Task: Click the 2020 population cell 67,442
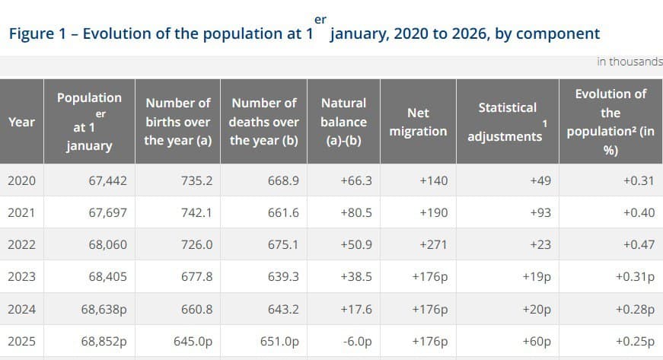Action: (x=107, y=180)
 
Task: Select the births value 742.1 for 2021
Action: (x=196, y=213)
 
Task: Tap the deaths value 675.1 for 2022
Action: (x=283, y=245)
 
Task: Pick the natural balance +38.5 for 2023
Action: (x=355, y=277)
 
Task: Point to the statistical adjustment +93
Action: (x=540, y=213)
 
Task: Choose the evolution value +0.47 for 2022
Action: (x=639, y=245)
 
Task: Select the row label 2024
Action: (x=21, y=310)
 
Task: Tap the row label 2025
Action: (x=21, y=342)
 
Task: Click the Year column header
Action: (x=21, y=121)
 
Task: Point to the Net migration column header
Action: (x=418, y=122)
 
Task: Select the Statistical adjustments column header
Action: (x=507, y=122)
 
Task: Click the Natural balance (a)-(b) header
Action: (x=343, y=122)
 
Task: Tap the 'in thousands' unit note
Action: (x=630, y=62)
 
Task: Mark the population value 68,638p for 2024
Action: (x=104, y=310)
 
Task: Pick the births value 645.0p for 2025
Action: (x=193, y=342)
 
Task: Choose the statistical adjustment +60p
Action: (x=537, y=342)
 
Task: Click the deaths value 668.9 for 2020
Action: (x=283, y=180)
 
